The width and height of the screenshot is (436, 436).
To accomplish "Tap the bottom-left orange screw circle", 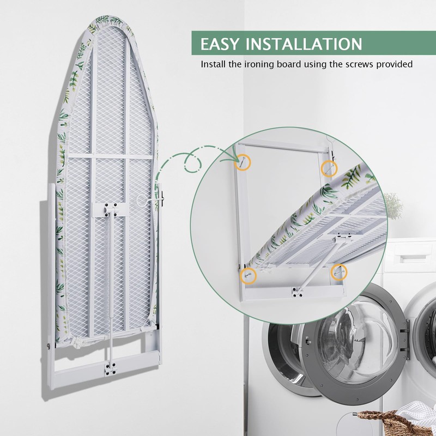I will coord(249,276).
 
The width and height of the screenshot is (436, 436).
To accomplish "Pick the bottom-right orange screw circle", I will coord(339,269).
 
